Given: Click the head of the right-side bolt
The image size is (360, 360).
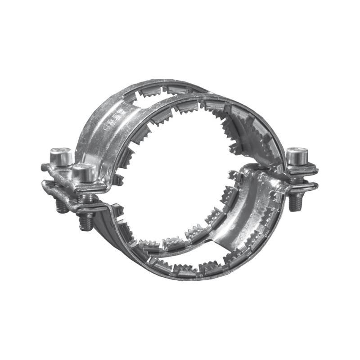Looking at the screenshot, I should click(297, 156).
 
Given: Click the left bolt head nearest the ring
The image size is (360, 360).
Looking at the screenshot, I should click(84, 172).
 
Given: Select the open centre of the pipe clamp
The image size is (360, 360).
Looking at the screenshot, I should click(180, 180).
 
